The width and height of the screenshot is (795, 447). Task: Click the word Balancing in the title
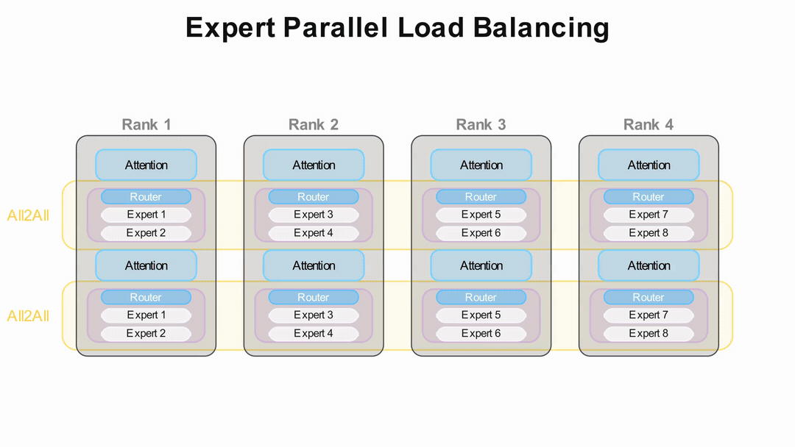[541, 28]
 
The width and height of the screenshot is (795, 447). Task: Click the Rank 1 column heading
[146, 124]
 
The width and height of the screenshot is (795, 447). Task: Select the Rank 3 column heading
[481, 124]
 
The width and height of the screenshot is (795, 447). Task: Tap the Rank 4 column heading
[649, 124]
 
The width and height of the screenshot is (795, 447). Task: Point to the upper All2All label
[28, 215]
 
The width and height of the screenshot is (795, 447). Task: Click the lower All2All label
[28, 316]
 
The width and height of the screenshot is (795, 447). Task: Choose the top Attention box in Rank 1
[146, 165]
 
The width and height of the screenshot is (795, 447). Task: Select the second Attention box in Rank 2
[314, 265]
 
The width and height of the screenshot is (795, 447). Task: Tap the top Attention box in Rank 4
[649, 165]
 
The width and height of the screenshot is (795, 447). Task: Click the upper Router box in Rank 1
[146, 197]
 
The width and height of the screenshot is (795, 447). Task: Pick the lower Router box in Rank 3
[481, 298]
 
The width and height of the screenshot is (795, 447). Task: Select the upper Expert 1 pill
[146, 215]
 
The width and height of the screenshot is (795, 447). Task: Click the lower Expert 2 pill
[146, 333]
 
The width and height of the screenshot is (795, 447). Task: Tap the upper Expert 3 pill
[314, 215]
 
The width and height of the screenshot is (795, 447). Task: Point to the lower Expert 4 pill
[314, 333]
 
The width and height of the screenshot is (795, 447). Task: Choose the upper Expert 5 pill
[481, 215]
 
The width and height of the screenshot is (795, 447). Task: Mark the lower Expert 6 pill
[481, 333]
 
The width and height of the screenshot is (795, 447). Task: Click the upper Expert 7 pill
[649, 215]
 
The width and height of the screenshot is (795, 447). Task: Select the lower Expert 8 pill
[649, 333]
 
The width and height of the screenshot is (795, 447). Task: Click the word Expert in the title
[230, 28]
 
